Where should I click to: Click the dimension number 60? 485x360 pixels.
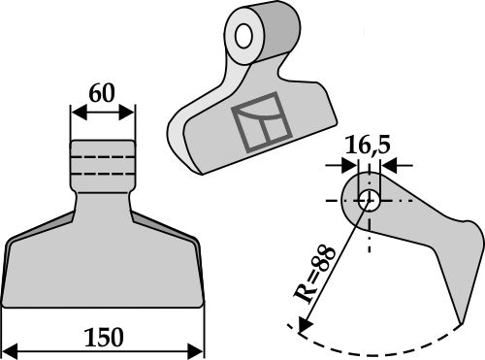pyautogui.click(x=102, y=93)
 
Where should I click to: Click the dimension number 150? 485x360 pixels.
pyautogui.click(x=104, y=338)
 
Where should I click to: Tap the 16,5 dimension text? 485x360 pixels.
pyautogui.click(x=368, y=145)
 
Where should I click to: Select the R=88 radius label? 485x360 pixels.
pyautogui.click(x=314, y=275)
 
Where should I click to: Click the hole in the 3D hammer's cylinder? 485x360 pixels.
pyautogui.click(x=243, y=36)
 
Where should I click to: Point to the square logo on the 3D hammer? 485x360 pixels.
pyautogui.click(x=262, y=122)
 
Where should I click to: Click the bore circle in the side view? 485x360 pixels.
pyautogui.click(x=369, y=201)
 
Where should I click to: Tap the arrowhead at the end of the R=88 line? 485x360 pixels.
pyautogui.click(x=305, y=324)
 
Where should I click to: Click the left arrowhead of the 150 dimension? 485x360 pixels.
pyautogui.click(x=10, y=351)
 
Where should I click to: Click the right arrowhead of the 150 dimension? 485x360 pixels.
pyautogui.click(x=196, y=351)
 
